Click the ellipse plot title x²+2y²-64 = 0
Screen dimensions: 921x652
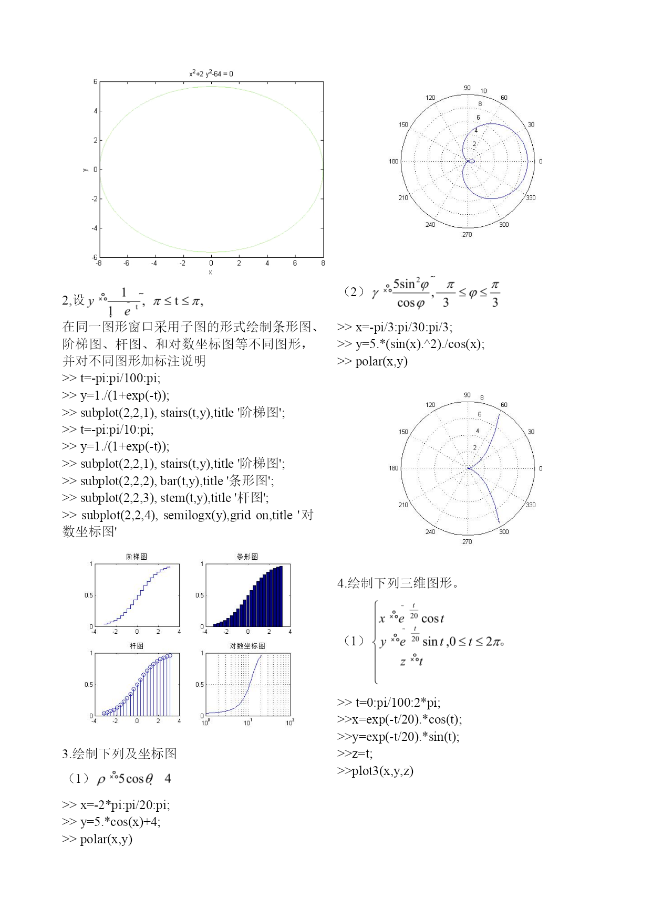click(x=211, y=74)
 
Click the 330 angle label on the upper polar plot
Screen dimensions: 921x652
click(x=531, y=198)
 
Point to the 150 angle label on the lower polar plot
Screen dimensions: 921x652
click(x=403, y=432)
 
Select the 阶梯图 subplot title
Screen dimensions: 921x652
click(x=137, y=557)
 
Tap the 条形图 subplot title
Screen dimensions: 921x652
click(x=247, y=557)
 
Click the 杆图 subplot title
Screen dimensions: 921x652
click(x=137, y=646)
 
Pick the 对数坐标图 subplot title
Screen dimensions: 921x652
click(x=247, y=646)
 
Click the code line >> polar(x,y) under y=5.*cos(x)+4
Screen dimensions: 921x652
click(x=97, y=839)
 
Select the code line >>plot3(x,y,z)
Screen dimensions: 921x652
click(x=375, y=771)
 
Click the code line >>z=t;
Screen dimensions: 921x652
click(x=355, y=753)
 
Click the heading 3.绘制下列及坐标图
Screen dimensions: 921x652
click(x=119, y=754)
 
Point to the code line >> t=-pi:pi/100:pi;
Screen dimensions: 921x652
click(x=111, y=378)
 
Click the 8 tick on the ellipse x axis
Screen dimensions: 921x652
click(x=323, y=264)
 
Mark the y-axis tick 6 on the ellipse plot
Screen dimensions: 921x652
click(x=96, y=82)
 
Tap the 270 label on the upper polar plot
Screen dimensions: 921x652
click(x=467, y=235)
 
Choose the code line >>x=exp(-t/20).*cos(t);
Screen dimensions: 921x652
click(x=399, y=719)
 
